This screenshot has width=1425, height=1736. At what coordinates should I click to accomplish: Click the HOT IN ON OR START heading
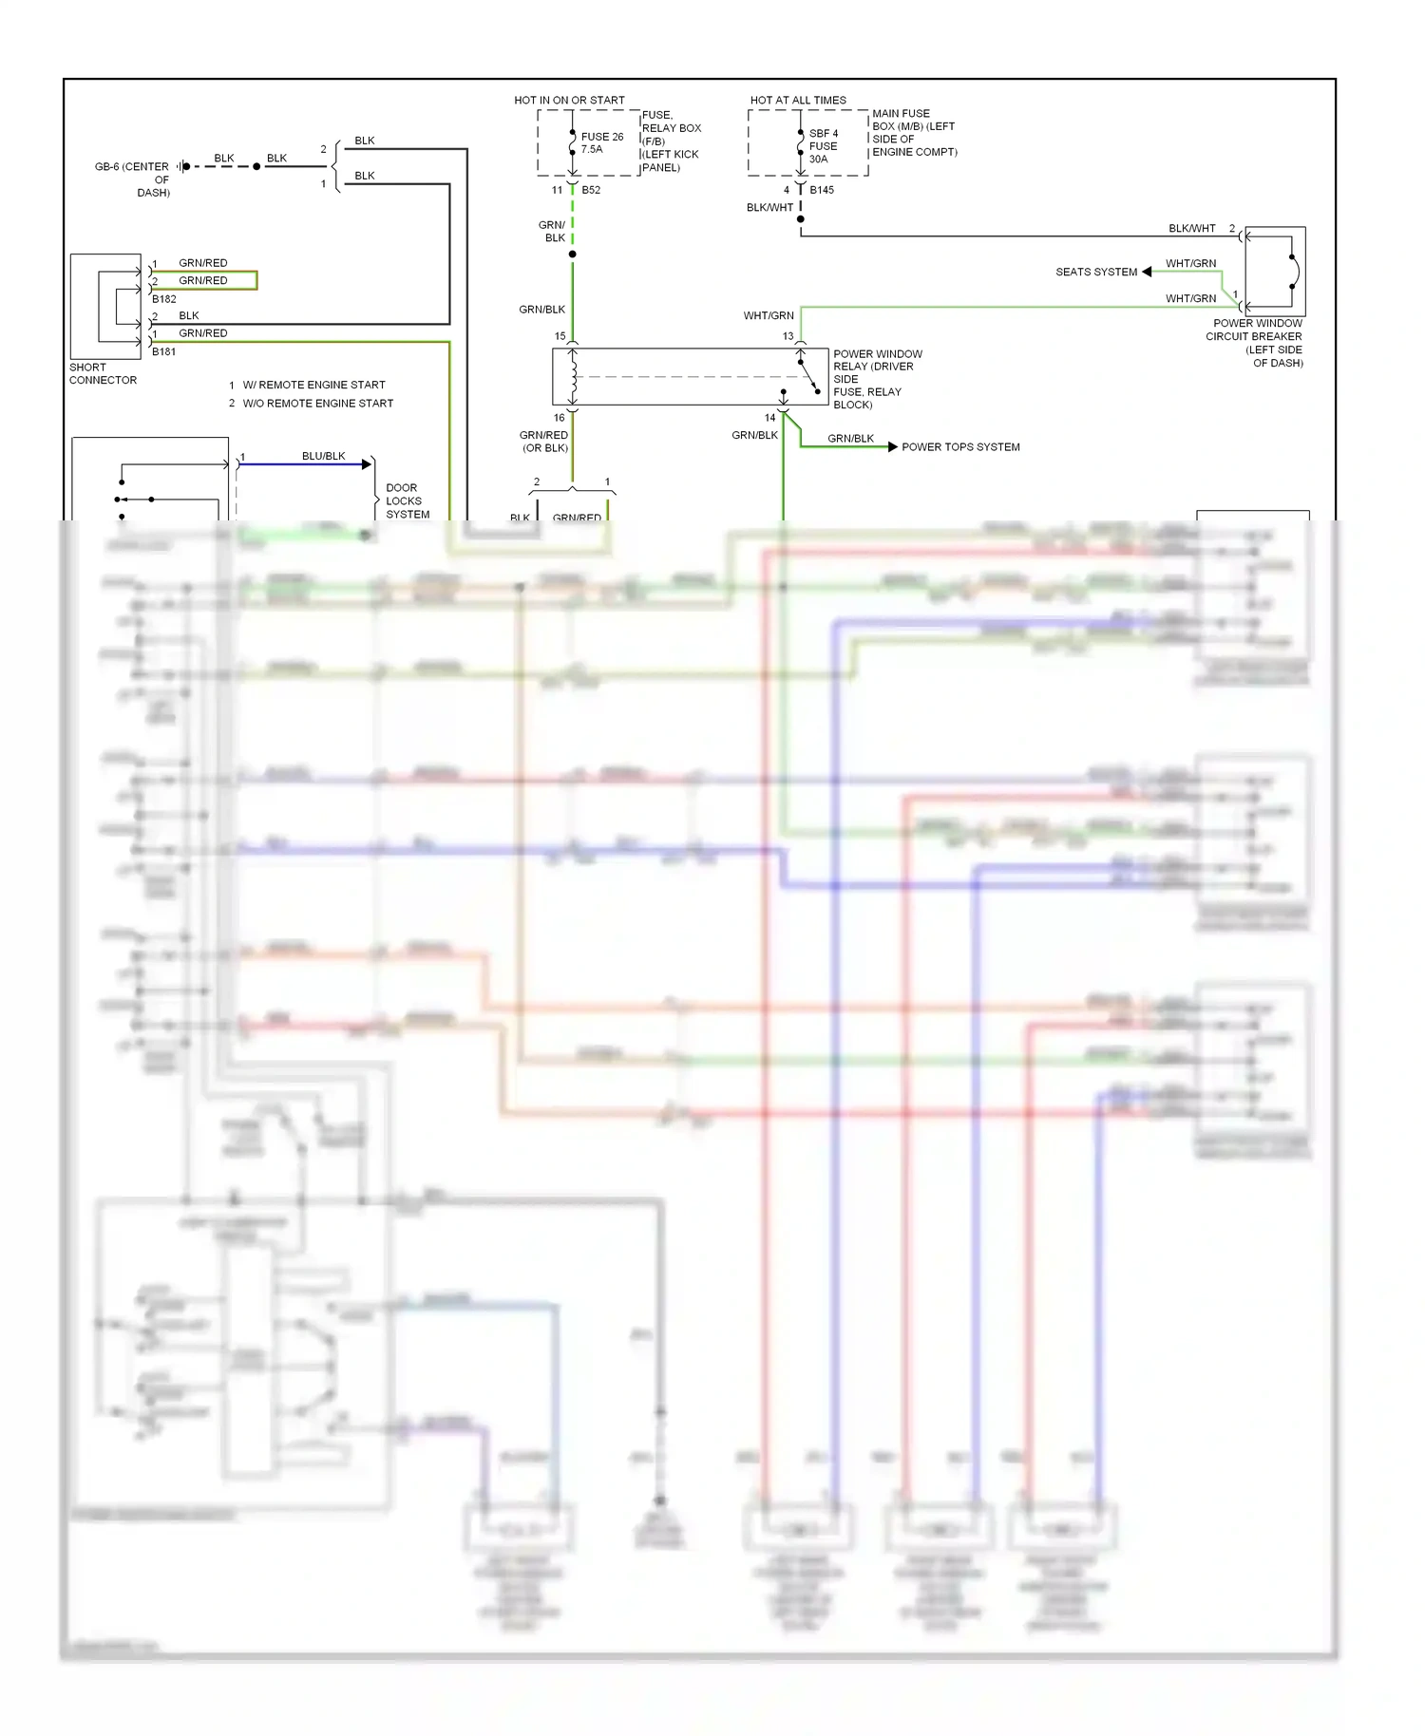coord(569,100)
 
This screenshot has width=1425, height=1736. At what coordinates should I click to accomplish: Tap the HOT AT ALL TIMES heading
coord(798,100)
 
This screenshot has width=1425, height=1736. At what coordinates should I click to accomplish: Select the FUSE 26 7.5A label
coord(601,142)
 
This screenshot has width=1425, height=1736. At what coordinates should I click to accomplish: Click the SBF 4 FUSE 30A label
coord(823,146)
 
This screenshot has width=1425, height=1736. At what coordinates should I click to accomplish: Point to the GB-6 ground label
coord(133,179)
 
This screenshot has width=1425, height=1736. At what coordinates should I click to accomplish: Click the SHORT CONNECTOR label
coord(103,373)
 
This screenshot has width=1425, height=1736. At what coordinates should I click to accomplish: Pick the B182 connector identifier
coord(163,299)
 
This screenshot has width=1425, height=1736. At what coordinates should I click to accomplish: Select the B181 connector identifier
coord(163,351)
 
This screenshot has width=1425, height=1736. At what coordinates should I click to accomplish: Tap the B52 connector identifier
coord(591,190)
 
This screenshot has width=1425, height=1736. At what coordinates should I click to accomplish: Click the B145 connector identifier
coord(822,190)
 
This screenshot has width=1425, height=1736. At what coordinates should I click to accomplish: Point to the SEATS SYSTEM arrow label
coord(1096,272)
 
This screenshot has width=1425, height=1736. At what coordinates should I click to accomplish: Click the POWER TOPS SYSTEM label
coord(960,447)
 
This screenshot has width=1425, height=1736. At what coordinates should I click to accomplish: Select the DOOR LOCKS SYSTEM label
coord(407,500)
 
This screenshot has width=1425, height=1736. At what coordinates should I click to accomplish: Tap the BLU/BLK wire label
coord(323,456)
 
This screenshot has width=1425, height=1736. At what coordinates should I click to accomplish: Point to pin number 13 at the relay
coord(788,336)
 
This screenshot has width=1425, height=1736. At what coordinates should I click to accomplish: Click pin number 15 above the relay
coord(560,336)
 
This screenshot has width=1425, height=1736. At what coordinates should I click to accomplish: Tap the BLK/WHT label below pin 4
coord(769,207)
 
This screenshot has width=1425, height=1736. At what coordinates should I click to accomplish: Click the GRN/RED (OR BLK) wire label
coord(544,442)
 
